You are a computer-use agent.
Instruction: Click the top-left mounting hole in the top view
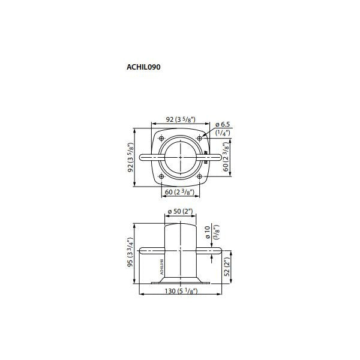pos(162,139)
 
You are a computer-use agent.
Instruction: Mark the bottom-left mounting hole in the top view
pos(162,176)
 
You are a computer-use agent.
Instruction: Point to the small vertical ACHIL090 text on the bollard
pos(161,266)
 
